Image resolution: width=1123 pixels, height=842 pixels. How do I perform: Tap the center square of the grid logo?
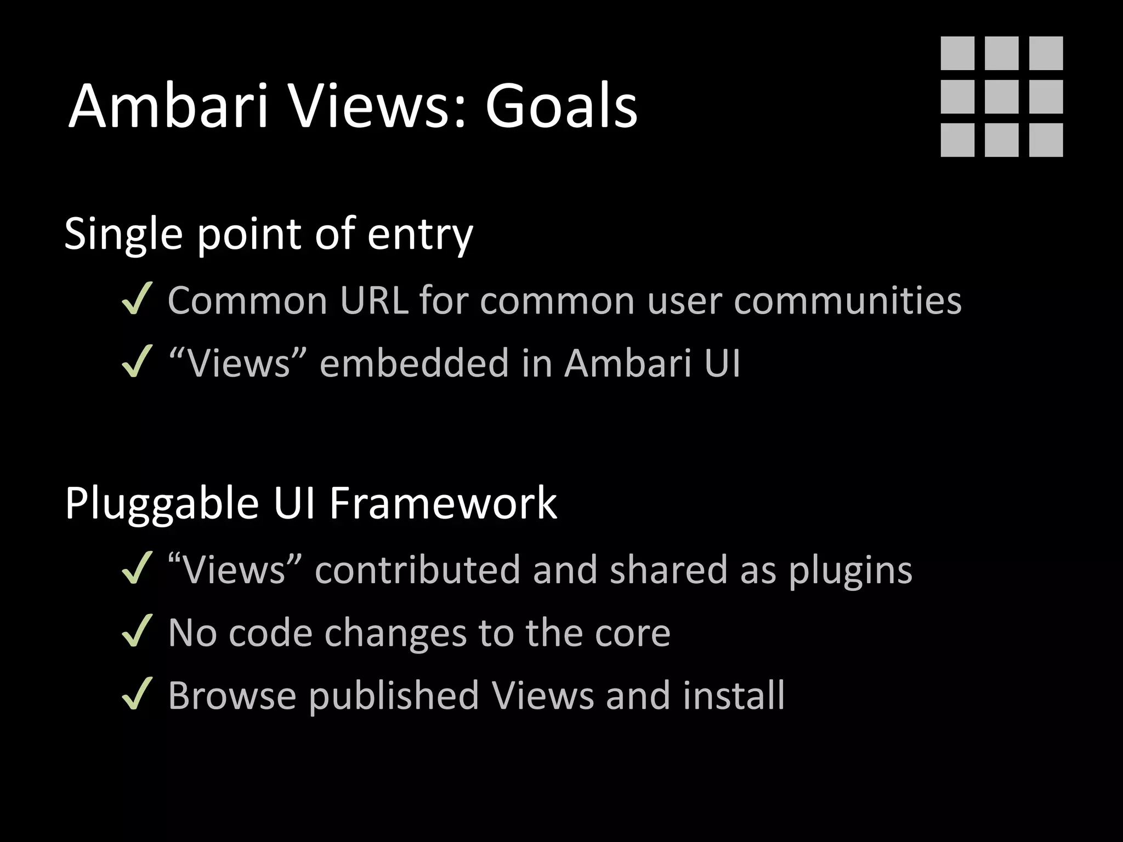(x=1002, y=96)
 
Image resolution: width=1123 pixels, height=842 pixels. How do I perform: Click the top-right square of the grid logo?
(x=1046, y=53)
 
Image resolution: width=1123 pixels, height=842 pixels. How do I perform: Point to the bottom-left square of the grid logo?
(x=957, y=140)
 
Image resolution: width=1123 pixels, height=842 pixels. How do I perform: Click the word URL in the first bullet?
(x=374, y=300)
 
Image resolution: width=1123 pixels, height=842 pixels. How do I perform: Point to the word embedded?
(x=414, y=363)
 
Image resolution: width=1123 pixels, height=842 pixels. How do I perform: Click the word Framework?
(x=443, y=503)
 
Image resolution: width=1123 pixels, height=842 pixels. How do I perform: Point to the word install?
(x=734, y=695)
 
